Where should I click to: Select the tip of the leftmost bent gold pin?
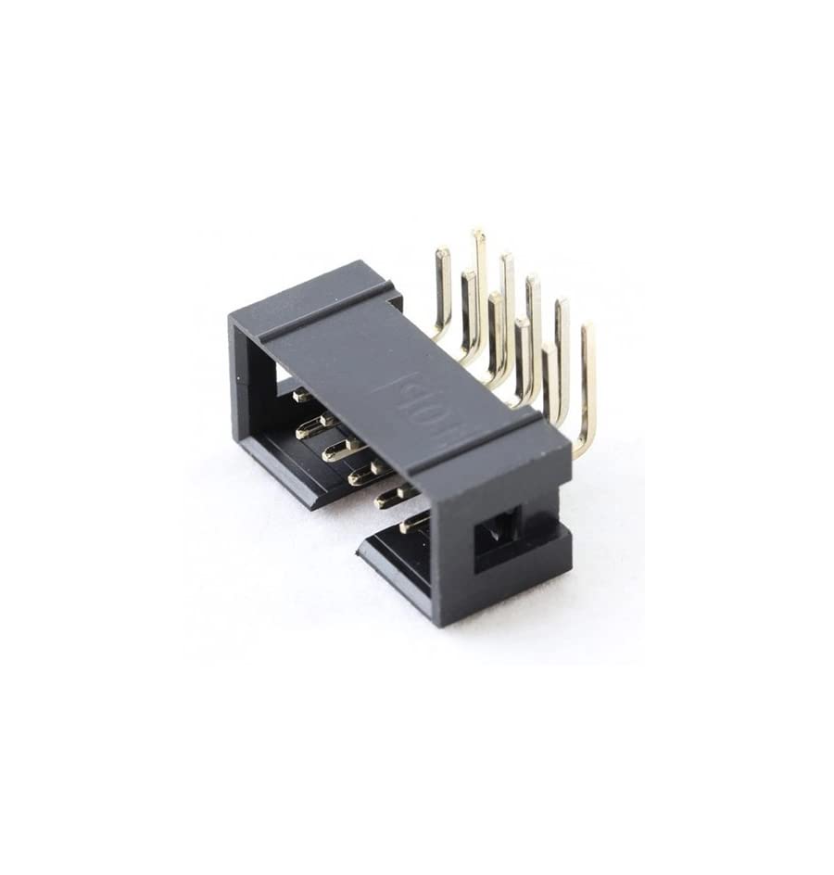(442, 252)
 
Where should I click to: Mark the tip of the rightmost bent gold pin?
(587, 328)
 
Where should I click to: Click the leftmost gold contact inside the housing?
(302, 396)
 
